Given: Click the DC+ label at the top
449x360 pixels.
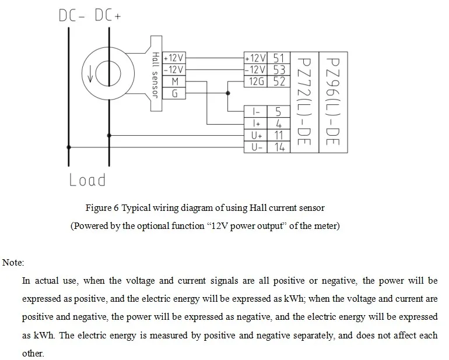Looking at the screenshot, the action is [108, 16].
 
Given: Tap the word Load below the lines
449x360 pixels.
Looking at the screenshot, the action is [87, 180].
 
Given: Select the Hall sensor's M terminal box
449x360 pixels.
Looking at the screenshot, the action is [174, 82].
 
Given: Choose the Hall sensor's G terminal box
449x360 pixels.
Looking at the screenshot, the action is [174, 93].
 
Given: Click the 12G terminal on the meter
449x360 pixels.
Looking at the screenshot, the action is [256, 82].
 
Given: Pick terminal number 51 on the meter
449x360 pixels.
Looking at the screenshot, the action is [279, 58].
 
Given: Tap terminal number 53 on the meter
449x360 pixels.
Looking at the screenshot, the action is [279, 69].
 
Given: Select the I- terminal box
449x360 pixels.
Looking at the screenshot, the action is [256, 112].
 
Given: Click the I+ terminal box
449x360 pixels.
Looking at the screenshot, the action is [256, 123].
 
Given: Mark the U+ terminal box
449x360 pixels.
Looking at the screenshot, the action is [256, 135].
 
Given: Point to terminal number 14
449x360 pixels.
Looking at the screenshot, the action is [279, 147].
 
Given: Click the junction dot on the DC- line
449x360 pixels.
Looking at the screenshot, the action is [69, 147].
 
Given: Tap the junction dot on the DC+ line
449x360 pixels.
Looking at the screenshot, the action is [109, 135].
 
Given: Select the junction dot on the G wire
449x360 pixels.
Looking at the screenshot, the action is [228, 93].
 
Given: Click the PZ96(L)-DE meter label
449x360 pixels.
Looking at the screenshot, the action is [333, 101].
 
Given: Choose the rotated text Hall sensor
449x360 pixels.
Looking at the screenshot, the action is [156, 75].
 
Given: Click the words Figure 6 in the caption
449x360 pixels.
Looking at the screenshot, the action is [102, 208].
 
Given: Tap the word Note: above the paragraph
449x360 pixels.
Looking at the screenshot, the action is [13, 262].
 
